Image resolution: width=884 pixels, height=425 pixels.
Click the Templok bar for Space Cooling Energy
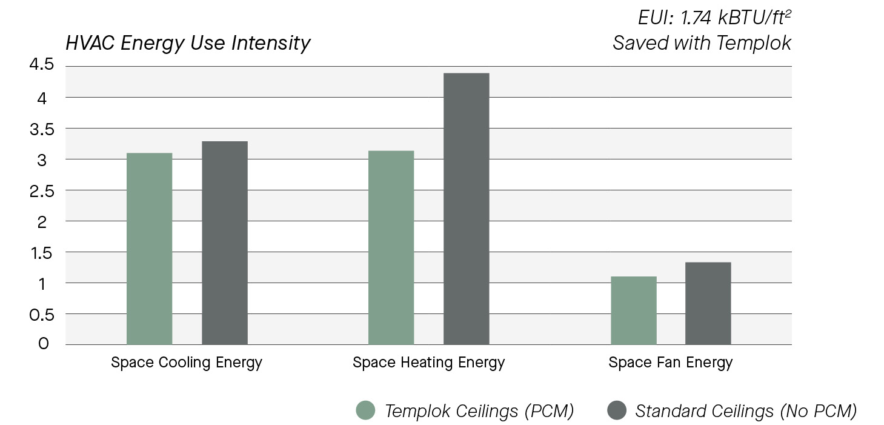(x=149, y=249)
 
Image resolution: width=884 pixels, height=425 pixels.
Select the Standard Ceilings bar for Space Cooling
(x=224, y=243)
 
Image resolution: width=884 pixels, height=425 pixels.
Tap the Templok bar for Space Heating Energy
(x=391, y=247)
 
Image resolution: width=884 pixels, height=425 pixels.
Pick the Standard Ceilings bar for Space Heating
(x=466, y=209)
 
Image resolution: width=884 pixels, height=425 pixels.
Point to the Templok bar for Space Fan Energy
(x=633, y=310)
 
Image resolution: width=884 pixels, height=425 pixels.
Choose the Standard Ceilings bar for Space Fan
(x=708, y=303)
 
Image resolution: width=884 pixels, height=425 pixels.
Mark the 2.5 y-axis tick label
(x=41, y=191)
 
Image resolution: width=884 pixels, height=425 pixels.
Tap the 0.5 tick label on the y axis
(x=41, y=315)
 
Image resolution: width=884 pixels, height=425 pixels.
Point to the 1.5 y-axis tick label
(x=41, y=253)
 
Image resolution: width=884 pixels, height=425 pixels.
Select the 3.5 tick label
(x=41, y=129)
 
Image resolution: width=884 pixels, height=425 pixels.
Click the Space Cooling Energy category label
(x=187, y=363)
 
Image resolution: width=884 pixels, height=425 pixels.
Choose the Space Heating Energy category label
(x=428, y=363)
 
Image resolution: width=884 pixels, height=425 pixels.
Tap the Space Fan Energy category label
(x=670, y=363)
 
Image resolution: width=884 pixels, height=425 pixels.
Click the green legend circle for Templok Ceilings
(x=365, y=410)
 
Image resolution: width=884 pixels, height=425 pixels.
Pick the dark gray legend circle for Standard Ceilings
(x=616, y=410)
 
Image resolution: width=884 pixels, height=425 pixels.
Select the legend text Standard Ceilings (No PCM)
(x=746, y=411)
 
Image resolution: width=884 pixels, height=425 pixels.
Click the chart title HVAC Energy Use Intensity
(x=188, y=43)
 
